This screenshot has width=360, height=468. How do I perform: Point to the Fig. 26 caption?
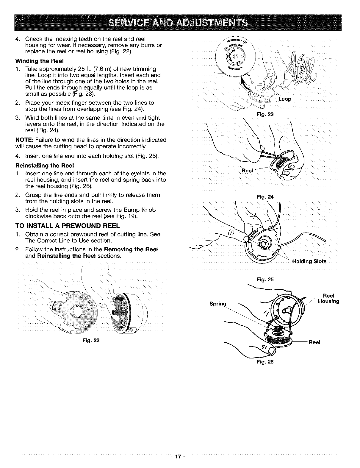coord(266,362)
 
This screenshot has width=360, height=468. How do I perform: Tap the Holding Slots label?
coord(309,261)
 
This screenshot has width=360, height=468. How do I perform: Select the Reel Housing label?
coord(328,299)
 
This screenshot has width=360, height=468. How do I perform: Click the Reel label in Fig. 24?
coord(247,171)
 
